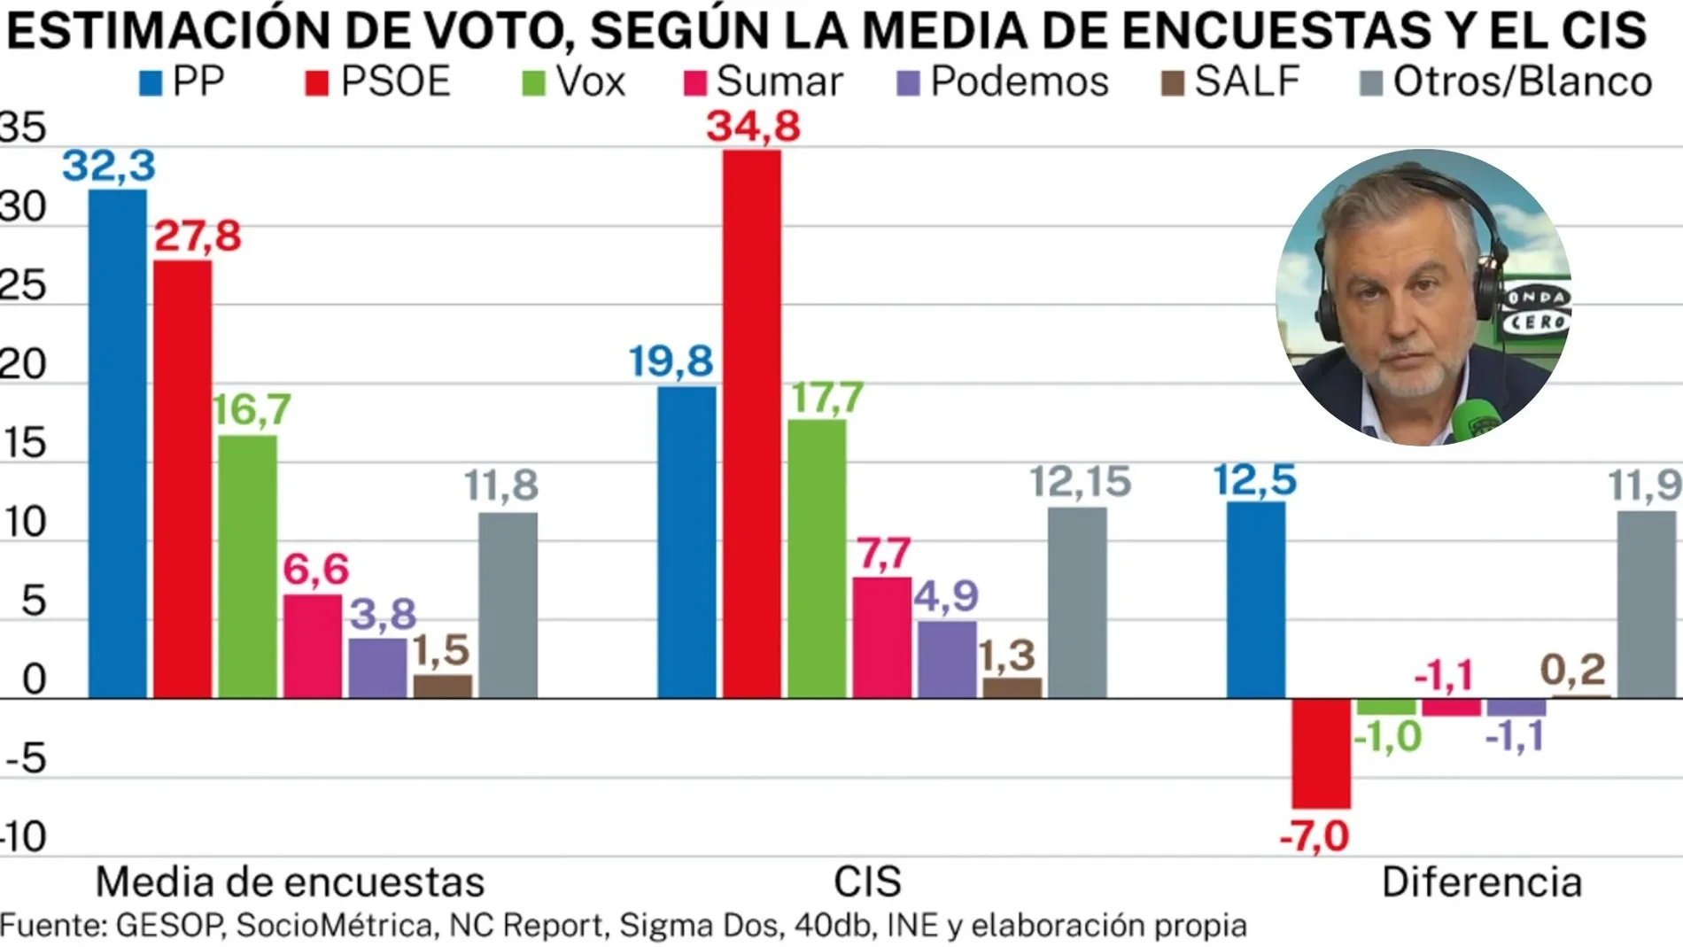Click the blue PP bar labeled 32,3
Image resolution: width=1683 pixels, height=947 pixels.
(x=118, y=443)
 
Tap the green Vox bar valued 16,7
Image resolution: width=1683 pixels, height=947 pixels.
(x=248, y=567)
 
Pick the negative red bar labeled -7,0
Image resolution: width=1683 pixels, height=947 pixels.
(x=1321, y=753)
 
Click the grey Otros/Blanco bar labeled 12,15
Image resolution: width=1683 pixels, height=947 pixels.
(x=1077, y=602)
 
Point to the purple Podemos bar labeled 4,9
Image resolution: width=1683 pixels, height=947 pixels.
(x=947, y=659)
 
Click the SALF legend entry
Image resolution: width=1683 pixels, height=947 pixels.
(x=1230, y=82)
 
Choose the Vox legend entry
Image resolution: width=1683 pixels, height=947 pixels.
(x=574, y=82)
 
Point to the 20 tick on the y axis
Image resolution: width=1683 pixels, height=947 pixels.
(x=23, y=365)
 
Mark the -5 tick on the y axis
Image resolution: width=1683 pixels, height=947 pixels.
(x=27, y=759)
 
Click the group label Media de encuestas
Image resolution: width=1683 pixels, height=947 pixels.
(x=290, y=882)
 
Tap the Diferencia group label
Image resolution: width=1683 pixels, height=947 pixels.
(x=1481, y=882)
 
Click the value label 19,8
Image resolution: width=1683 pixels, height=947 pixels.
(x=671, y=361)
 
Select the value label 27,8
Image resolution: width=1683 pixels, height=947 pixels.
(x=198, y=236)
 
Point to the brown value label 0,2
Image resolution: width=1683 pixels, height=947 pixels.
(x=1572, y=670)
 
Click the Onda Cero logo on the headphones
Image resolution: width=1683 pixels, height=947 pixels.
(x=1536, y=310)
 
